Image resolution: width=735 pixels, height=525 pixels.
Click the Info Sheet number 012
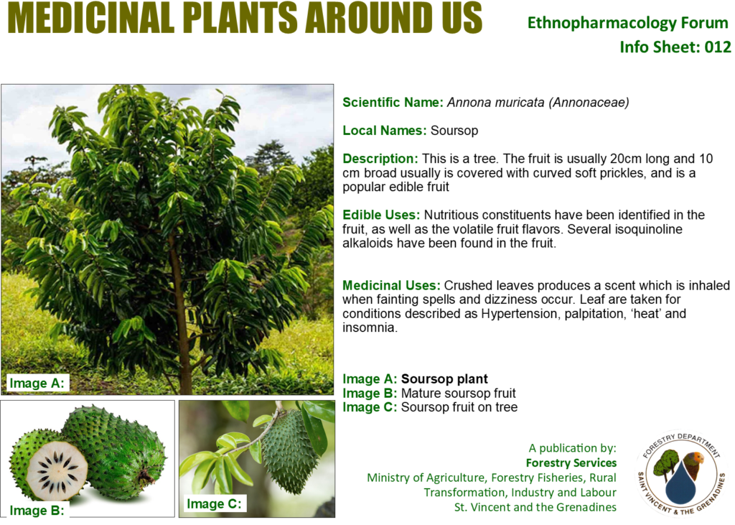coord(717,47)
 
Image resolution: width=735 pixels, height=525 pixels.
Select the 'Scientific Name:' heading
coord(393,102)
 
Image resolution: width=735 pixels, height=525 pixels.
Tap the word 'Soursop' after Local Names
coord(454,131)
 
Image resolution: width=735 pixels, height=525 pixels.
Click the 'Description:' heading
coord(380,159)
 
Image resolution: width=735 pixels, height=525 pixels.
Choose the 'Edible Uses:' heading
coord(381,215)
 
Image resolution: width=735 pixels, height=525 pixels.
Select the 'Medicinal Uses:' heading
coord(391,285)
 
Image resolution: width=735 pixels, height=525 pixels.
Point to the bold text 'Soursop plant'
coord(444,379)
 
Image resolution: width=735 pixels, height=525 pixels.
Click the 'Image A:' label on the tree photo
coord(37,384)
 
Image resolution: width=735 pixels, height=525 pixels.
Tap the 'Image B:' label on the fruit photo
coord(37,511)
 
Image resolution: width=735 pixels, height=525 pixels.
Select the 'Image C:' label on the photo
coord(214,504)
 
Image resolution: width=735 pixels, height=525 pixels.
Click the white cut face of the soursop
coord(57,470)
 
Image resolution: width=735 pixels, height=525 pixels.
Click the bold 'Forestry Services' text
coord(571,463)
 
